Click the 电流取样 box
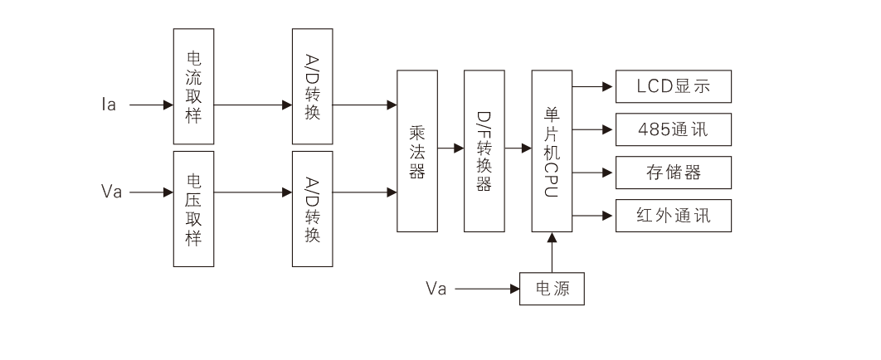coord(194,86)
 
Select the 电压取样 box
coord(194,208)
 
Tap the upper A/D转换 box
coord(313,86)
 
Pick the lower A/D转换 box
coord(313,208)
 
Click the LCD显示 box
coord(673,85)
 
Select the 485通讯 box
coord(673,129)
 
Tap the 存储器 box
coord(673,173)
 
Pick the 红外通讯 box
coord(673,216)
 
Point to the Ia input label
coord(110,106)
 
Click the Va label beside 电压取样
coord(112,192)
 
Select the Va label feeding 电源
coord(436,289)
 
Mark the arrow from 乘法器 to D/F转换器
coord(451,149)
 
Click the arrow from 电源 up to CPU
coord(552,251)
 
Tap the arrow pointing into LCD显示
coord(594,85)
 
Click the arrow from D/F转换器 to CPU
coord(518,149)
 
